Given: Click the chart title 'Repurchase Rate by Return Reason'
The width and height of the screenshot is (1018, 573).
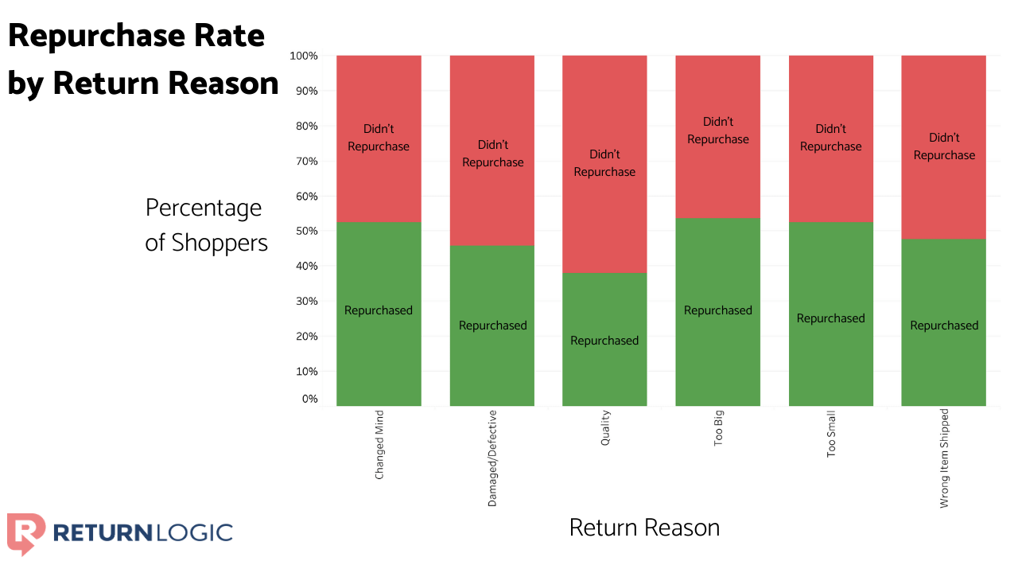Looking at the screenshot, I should point(143,60).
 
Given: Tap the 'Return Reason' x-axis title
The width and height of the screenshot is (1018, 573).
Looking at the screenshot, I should point(644,528).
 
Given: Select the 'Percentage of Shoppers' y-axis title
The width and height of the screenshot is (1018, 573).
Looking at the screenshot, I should point(205,225).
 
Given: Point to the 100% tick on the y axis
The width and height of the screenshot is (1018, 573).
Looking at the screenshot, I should point(304,57).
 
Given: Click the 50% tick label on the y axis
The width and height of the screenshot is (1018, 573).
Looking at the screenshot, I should point(306,232).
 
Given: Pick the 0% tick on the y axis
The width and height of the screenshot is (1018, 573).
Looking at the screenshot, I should point(309,399).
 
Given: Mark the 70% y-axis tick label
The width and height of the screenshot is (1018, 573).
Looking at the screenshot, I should point(306,162).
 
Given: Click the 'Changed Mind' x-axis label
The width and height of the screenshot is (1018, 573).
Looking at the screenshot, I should point(379,445).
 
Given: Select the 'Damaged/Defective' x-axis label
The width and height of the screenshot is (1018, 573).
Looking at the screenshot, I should point(492,458).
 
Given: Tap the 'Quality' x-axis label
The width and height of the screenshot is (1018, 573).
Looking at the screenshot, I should point(605,427).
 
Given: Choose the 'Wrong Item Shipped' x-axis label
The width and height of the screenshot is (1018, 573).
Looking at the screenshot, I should point(944,459).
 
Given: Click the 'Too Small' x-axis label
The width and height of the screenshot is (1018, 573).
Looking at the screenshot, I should point(831,434).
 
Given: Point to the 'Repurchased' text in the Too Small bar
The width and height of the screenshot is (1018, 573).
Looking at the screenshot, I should point(831,318).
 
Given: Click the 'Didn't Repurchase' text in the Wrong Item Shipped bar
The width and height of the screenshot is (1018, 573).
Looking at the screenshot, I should point(944,146).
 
